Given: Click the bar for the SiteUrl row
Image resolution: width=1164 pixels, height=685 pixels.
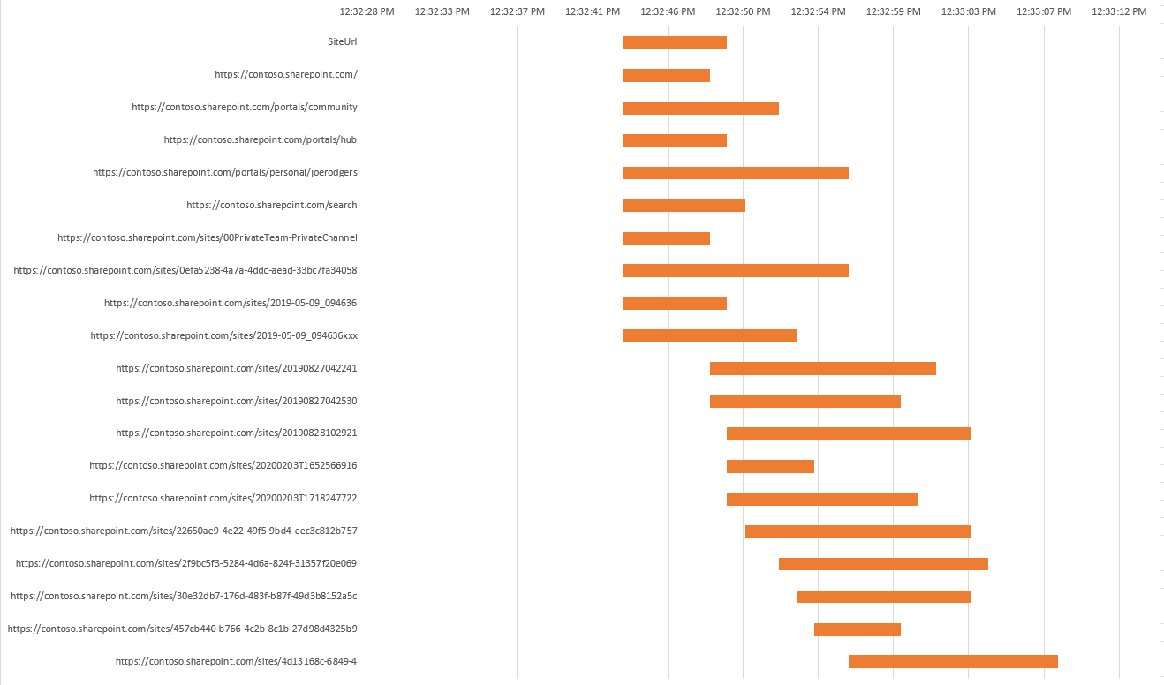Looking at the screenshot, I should tap(674, 42).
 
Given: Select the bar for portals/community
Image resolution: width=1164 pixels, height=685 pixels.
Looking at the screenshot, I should tap(700, 108).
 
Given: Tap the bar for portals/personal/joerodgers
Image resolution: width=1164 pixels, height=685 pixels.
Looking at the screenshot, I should tap(735, 173).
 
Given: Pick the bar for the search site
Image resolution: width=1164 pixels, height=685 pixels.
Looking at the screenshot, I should tap(683, 206).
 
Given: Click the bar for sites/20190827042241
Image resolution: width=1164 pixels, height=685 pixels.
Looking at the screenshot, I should tap(822, 368).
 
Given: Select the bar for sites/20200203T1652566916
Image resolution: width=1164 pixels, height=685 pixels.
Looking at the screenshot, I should tap(770, 466).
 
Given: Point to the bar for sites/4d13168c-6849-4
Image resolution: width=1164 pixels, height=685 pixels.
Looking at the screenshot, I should tap(953, 661).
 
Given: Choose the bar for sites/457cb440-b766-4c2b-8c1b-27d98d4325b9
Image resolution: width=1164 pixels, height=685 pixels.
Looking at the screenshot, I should tap(857, 629).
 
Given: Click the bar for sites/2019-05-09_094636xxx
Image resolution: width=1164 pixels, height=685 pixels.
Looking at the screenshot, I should tap(709, 335).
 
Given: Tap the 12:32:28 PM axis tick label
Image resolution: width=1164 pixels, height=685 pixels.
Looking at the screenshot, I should tap(367, 11).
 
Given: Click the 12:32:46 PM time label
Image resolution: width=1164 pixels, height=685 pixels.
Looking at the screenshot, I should tap(668, 11).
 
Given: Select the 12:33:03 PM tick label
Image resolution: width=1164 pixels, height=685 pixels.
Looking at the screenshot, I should tap(969, 11).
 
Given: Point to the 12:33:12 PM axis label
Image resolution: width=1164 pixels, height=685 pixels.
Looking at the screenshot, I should tap(1119, 11).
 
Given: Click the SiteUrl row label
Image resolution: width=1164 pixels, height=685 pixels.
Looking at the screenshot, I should tap(342, 41).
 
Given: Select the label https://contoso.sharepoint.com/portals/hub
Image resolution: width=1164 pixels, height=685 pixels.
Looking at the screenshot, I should tap(261, 139).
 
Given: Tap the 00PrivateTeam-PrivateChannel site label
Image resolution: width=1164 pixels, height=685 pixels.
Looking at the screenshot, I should tap(208, 237).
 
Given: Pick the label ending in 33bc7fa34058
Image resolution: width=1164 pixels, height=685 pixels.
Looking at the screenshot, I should tap(185, 270).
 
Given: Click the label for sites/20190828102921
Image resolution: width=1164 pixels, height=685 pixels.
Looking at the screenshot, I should tap(237, 433).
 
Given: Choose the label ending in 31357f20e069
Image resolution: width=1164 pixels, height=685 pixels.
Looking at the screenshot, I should tap(186, 563).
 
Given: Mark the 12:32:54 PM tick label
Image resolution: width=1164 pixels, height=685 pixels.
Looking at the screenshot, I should tap(818, 11).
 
